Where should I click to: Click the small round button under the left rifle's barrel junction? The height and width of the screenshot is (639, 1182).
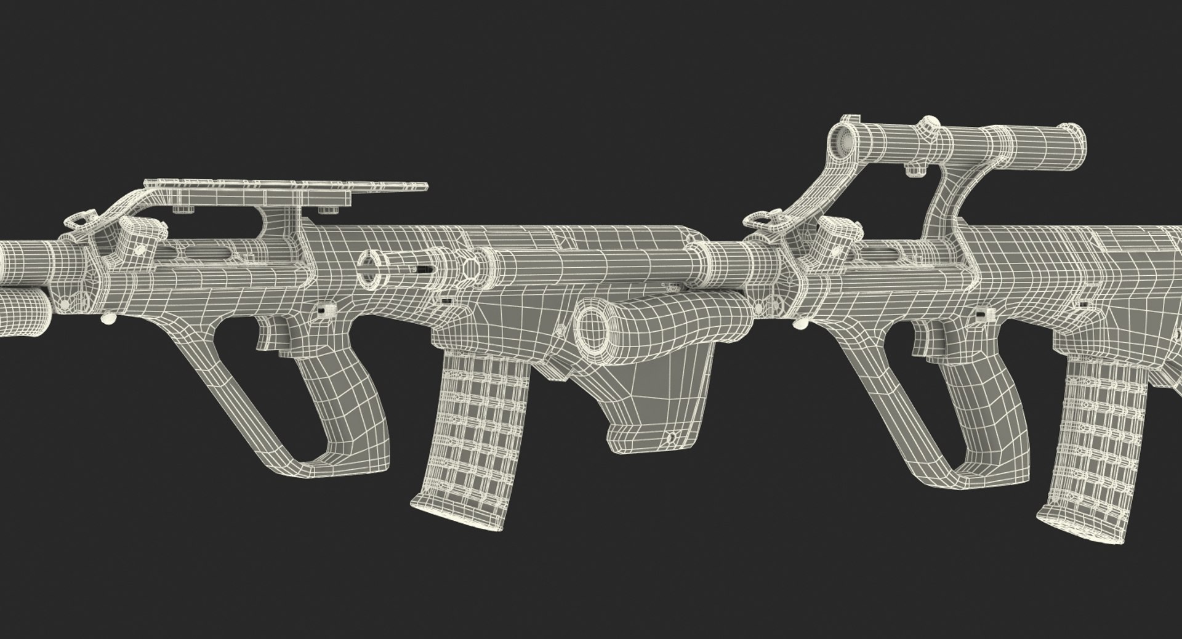[108, 319]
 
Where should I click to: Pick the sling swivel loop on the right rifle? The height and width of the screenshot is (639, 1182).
[758, 220]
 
